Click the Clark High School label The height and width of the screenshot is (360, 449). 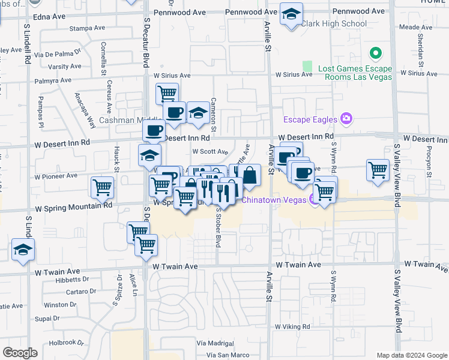pos(333,24)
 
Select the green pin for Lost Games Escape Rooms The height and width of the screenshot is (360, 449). pos(376,53)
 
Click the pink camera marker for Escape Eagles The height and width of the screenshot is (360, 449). pos(346,118)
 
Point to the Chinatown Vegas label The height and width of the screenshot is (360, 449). pos(274,199)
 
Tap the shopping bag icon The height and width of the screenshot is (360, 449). pos(251,176)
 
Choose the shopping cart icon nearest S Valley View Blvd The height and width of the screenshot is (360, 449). pos(378,170)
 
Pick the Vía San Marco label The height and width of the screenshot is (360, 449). pos(228,355)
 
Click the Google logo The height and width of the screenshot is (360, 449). pos(20,353)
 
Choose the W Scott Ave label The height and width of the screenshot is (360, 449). pos(210,152)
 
